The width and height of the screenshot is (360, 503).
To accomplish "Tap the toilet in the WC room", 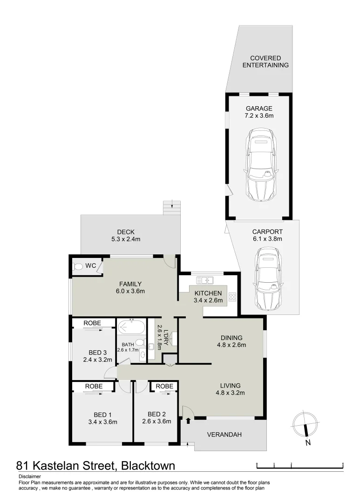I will (78, 267).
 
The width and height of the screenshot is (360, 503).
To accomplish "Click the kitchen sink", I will (204, 280).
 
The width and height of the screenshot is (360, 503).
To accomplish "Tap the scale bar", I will (300, 464).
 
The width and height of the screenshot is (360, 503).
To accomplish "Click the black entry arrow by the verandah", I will (188, 421).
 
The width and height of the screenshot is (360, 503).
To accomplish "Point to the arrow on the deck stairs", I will (172, 204).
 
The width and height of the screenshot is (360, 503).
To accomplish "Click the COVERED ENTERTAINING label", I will (265, 61).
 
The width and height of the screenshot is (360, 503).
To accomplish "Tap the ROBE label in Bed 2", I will (164, 386).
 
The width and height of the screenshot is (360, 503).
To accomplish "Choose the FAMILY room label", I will (130, 284).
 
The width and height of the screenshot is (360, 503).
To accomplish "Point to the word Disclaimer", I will (30, 476).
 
